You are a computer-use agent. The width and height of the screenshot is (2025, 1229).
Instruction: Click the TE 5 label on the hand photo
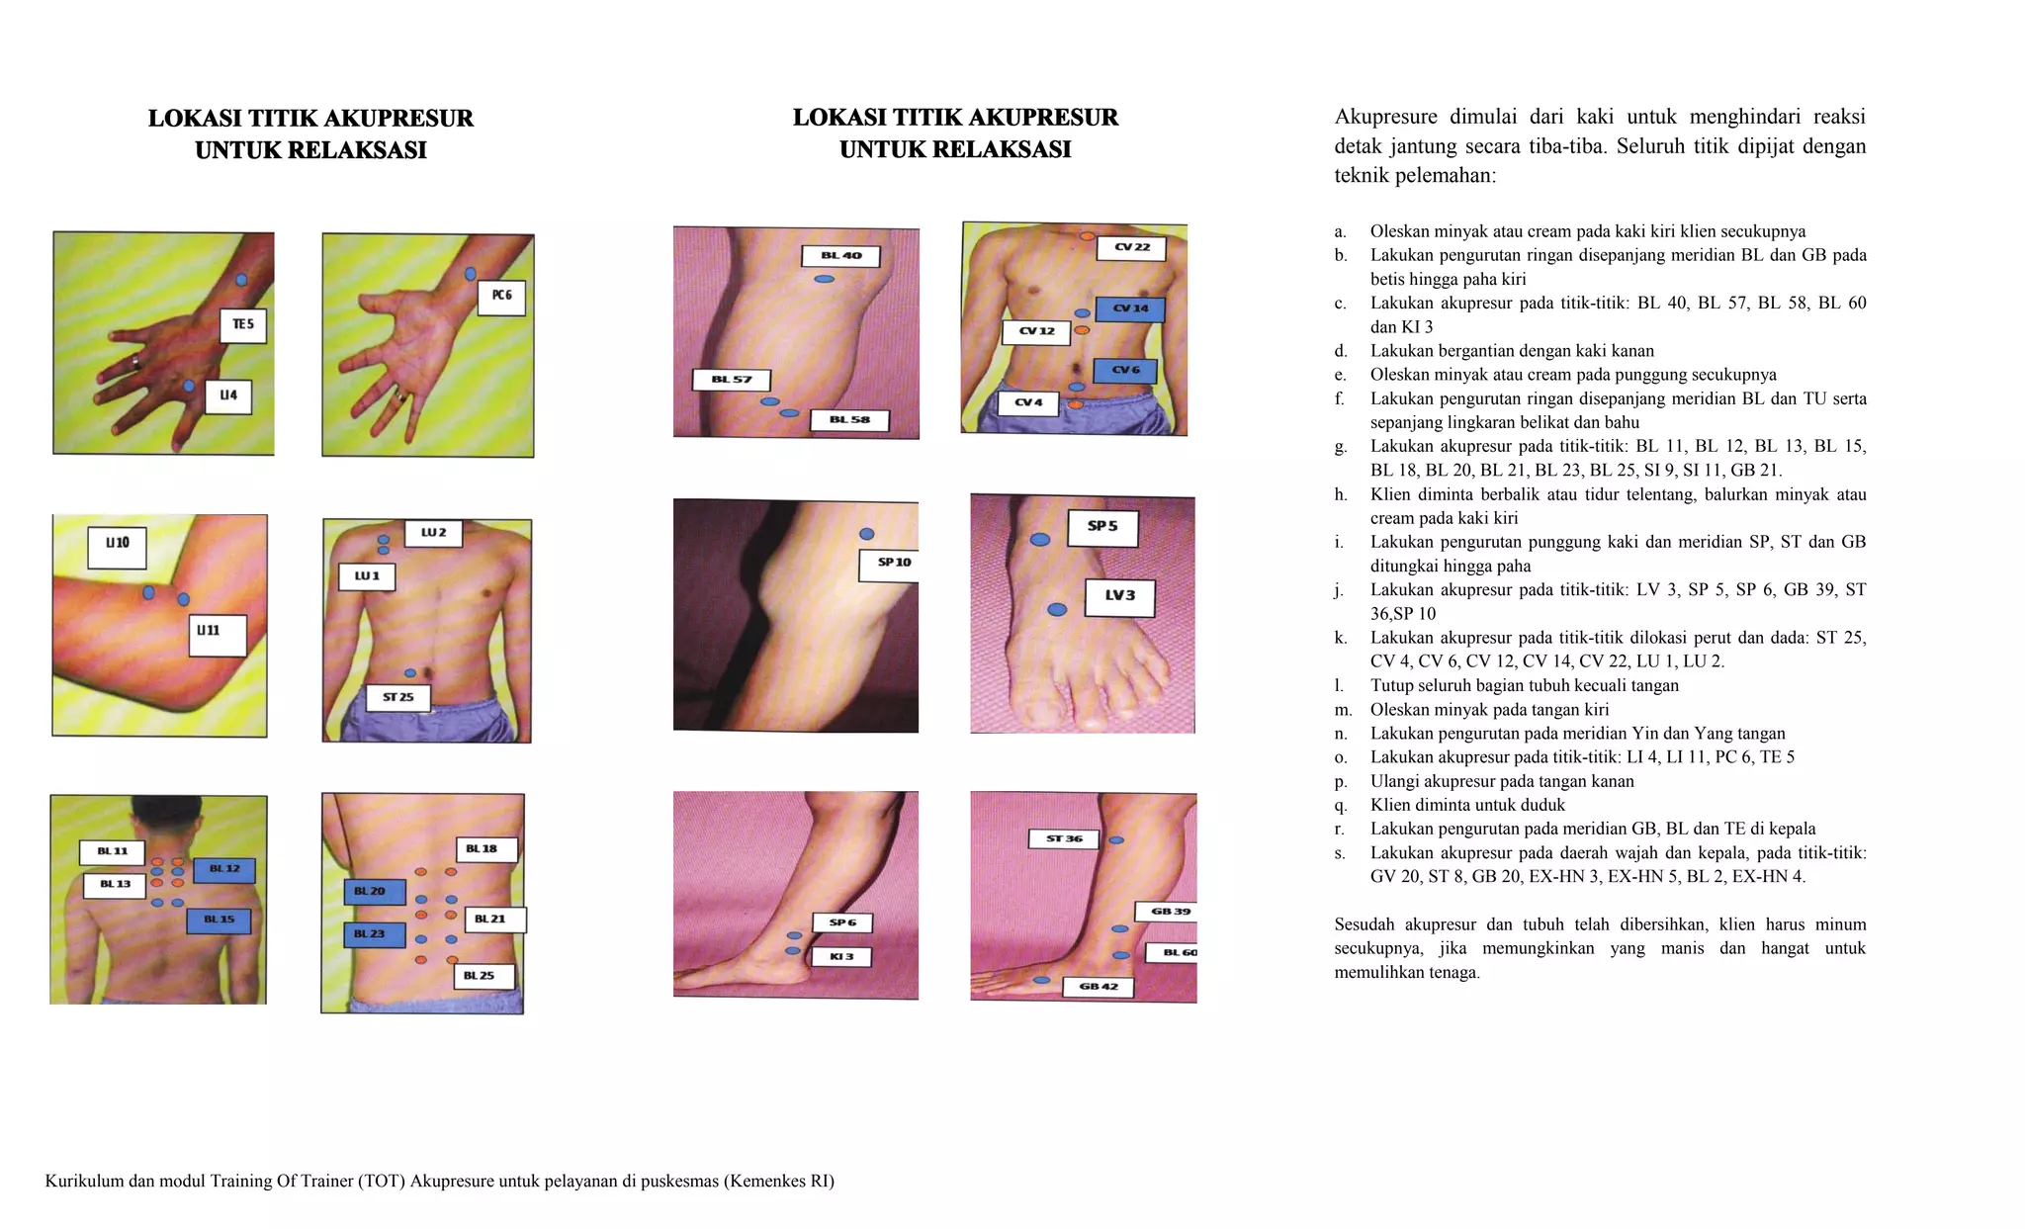[243, 325]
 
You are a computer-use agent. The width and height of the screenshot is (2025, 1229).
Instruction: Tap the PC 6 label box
[501, 297]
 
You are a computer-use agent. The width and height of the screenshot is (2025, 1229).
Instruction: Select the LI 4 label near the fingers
[228, 396]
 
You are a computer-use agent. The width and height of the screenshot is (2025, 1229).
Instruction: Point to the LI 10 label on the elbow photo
[118, 547]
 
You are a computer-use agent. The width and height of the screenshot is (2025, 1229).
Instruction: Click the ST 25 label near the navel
[398, 697]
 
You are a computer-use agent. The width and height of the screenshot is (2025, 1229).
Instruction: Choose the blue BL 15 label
[219, 921]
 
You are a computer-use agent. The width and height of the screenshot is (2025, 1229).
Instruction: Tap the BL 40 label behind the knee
[840, 256]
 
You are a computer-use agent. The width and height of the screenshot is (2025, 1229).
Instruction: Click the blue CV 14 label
[1131, 309]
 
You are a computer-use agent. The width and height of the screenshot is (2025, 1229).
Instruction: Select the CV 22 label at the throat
[1132, 248]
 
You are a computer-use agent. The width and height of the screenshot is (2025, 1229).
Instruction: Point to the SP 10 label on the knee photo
[894, 564]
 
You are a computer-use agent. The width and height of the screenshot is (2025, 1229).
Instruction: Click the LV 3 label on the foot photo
[1120, 597]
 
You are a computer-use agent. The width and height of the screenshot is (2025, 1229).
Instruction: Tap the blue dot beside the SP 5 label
[1040, 540]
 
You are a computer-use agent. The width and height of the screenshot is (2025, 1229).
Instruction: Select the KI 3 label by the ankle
[841, 957]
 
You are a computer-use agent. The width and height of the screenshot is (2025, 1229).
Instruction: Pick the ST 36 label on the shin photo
[1064, 839]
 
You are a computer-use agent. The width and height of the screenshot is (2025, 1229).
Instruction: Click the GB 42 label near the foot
[1098, 987]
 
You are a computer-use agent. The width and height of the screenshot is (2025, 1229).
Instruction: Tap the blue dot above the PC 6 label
[471, 274]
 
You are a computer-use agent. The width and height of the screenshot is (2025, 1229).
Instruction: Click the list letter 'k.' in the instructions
[1341, 638]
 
